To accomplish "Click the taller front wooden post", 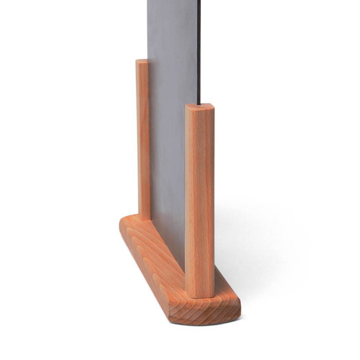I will coord(200,202).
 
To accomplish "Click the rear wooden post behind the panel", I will coord(143,140).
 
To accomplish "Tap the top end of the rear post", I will coord(142,61).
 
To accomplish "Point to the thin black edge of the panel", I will coord(199,54).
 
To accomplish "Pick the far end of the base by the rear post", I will coord(126,223).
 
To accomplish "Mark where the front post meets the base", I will coord(200,297).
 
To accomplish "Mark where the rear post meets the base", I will coord(144,219).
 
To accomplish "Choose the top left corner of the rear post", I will coord(136,60).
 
